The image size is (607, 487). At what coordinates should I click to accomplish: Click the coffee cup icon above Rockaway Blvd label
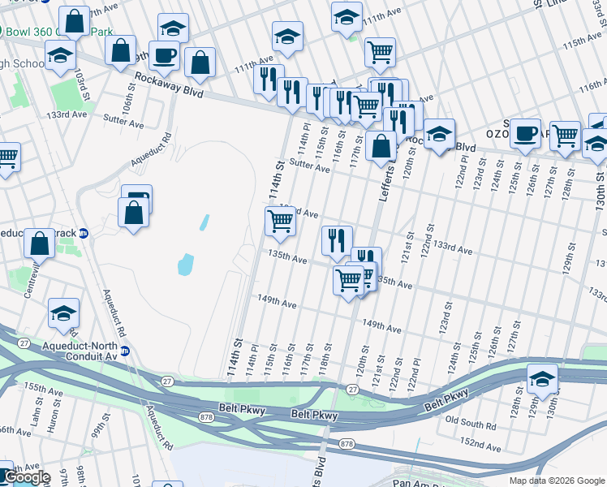164,55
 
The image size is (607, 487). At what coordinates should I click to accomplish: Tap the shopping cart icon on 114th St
280,221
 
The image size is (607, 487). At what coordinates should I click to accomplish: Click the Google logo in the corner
26,477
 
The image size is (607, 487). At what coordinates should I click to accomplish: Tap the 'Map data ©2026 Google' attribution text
557,481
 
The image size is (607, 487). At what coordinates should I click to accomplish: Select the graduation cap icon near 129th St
542,378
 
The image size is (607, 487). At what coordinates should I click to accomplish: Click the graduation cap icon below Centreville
64,312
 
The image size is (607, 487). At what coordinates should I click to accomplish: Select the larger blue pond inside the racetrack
185,264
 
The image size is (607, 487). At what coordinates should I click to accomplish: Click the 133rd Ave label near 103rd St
67,115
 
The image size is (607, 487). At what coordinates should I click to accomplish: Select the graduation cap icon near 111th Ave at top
347,17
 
